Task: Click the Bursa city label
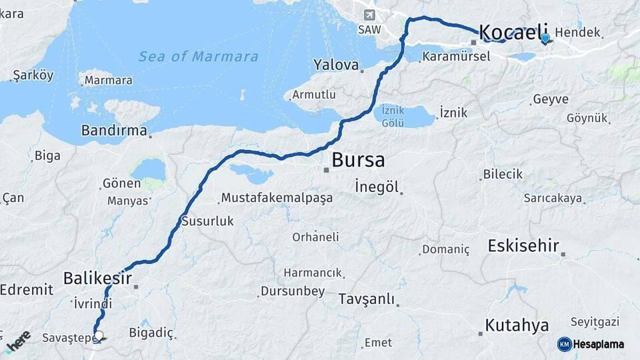pos(358,160)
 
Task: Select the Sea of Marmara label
pos(198,57)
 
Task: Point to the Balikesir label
pos(97,277)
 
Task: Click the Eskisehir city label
pos(523,245)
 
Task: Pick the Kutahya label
pos(517,325)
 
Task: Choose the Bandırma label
pos(114,131)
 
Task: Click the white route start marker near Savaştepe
pos(99,336)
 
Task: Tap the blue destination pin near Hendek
pos(545,38)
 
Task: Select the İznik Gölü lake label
pos(393,115)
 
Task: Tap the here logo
pos(18,341)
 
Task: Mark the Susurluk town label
pos(207,221)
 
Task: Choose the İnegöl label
pos(376,186)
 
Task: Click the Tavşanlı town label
pos(366,299)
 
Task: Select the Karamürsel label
pos(455,57)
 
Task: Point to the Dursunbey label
pos(292,291)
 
